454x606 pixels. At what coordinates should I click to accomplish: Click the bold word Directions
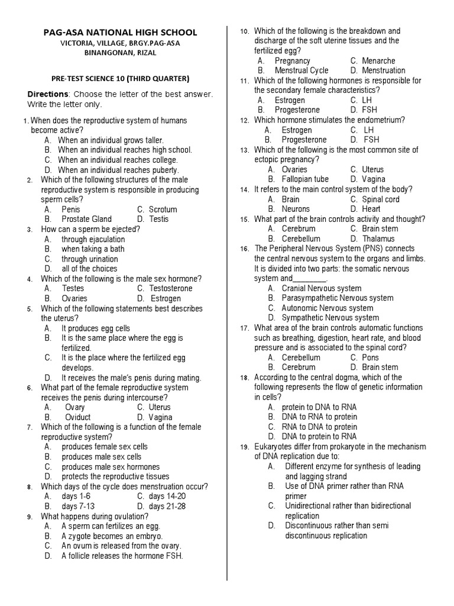(48, 94)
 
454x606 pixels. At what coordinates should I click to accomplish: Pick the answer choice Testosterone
(170, 288)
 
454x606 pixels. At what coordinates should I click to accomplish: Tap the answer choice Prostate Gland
(86, 219)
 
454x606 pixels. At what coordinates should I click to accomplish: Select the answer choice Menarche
(378, 60)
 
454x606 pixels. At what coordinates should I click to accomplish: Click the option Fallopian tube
(305, 179)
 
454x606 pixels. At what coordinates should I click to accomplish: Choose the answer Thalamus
(378, 238)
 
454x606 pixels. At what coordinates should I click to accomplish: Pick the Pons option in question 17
(371, 357)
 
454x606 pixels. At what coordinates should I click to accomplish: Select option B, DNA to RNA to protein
(319, 417)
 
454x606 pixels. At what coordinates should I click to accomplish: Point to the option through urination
(89, 259)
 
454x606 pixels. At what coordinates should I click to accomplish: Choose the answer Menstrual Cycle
(301, 70)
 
